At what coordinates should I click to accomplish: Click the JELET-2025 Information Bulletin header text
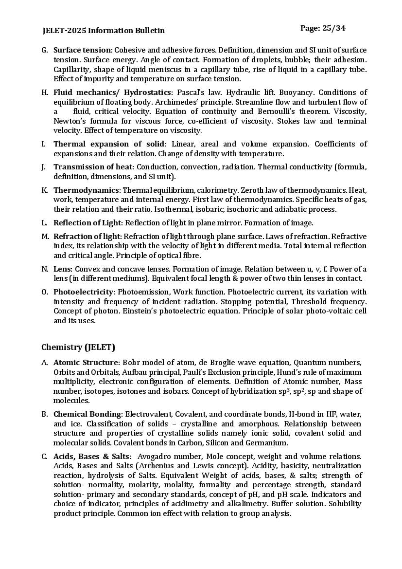104,31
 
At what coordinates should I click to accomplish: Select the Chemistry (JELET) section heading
78,347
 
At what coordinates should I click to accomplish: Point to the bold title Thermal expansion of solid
109,144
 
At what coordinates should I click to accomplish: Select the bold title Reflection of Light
87,223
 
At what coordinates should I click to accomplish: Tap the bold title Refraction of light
87,237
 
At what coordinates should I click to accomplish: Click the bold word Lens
63,269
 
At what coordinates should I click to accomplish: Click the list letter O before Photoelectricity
44,292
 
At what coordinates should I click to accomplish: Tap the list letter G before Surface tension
44,50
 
